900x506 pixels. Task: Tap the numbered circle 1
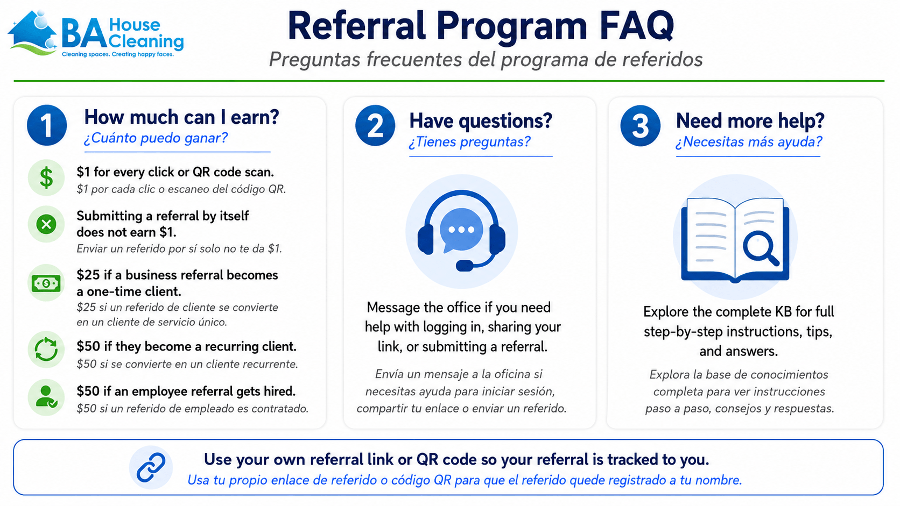coord(47,125)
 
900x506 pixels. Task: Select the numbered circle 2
coord(375,125)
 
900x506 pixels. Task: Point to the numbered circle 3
coord(641,125)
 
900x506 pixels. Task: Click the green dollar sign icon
coord(46,178)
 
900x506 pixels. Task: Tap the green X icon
coord(46,224)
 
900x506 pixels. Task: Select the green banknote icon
coord(46,283)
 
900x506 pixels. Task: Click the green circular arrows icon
coord(46,349)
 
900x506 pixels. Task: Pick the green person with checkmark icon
coord(46,397)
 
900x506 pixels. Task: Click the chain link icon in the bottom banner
coord(151,467)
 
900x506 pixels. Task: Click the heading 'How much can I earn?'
coord(181,117)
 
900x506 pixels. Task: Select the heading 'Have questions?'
coord(481,121)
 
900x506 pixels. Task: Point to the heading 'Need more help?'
coord(750,121)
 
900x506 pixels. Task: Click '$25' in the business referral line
coord(88,275)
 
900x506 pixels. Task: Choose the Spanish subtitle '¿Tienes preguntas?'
coord(470,142)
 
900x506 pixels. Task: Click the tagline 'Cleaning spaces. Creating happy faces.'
coord(118,54)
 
